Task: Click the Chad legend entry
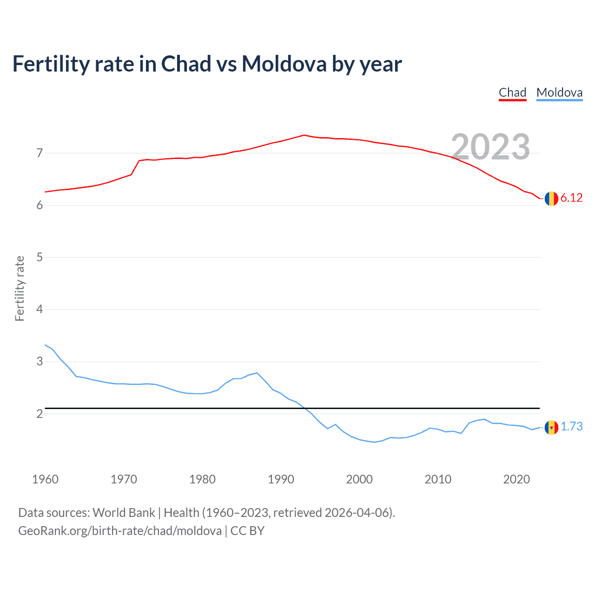coord(512,93)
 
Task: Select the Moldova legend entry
coord(559,93)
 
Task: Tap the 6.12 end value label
coord(571,198)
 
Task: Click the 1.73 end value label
coord(571,427)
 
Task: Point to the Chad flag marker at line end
coord(551,198)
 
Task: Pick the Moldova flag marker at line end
coord(551,427)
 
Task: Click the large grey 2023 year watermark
coord(490,147)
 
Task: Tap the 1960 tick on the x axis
coord(45,479)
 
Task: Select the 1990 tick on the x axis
coord(281,479)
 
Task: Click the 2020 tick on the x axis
coord(516,479)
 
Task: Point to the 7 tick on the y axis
coord(40,153)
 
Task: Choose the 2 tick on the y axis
coord(40,414)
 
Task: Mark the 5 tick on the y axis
coord(40,257)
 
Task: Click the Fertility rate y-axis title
coord(20,288)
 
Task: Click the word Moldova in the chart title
coord(284,64)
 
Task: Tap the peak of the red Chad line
coord(304,135)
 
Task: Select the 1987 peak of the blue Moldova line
coord(257,373)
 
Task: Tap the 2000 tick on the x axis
coord(359,479)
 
